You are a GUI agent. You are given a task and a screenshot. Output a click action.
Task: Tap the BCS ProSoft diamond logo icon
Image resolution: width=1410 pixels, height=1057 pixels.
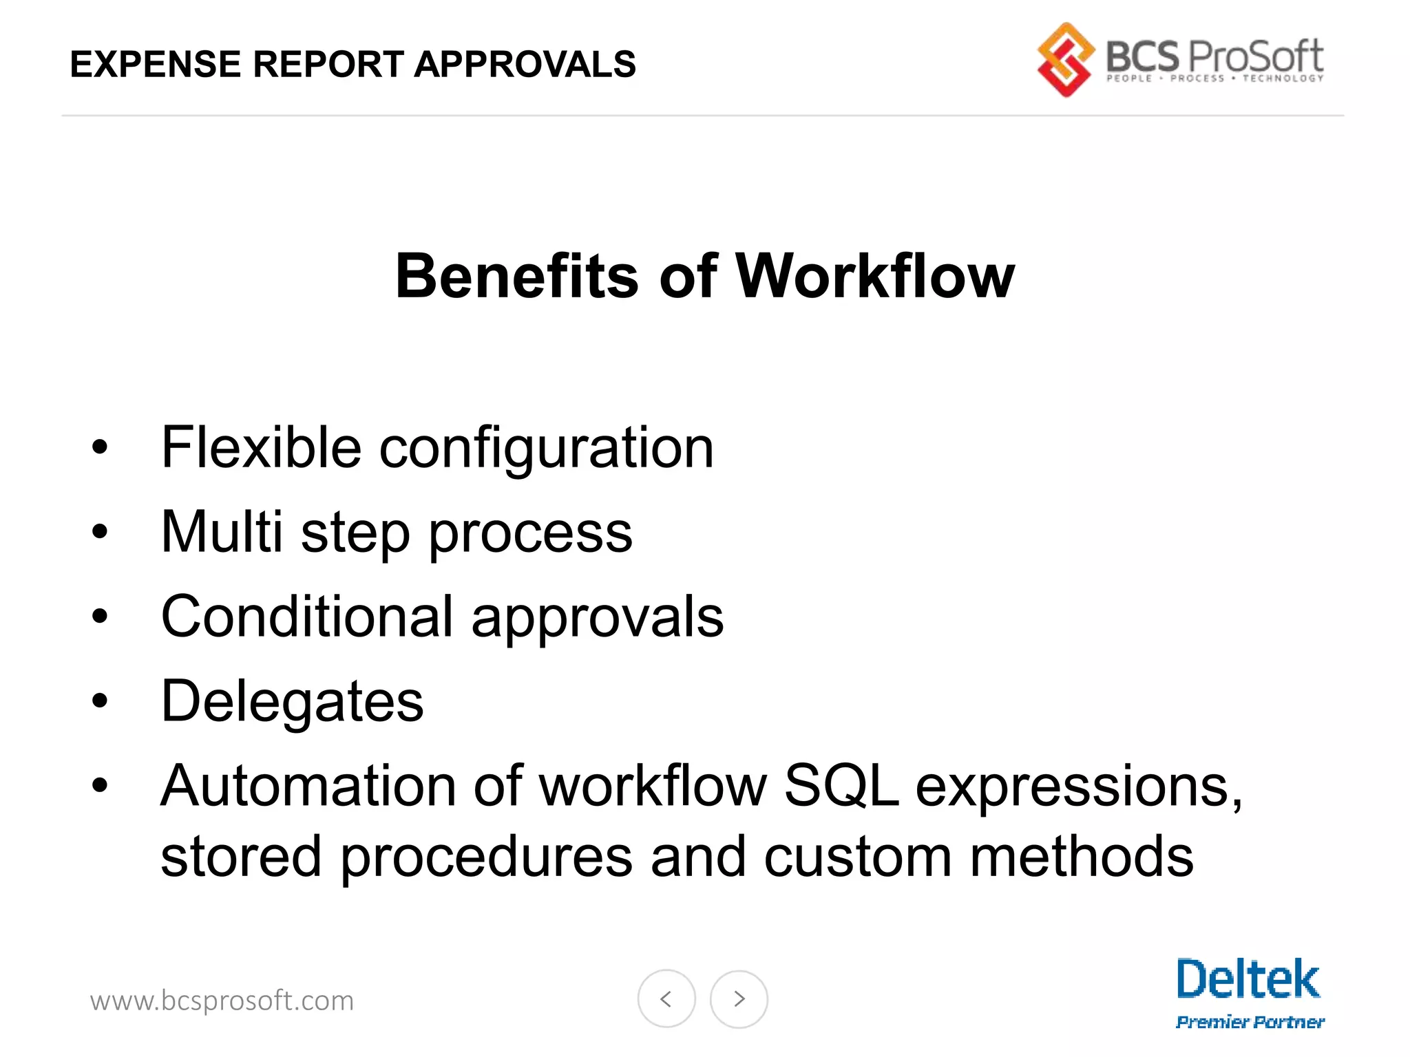point(1065,60)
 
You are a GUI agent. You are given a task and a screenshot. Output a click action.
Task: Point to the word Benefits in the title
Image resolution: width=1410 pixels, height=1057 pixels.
point(517,277)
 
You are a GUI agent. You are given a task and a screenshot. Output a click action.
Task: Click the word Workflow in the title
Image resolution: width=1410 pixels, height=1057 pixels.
point(875,277)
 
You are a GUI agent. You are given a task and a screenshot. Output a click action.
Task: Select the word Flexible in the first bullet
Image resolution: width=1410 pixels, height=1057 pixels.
point(261,448)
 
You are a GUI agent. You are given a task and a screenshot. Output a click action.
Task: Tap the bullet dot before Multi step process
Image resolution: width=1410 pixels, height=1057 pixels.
point(101,531)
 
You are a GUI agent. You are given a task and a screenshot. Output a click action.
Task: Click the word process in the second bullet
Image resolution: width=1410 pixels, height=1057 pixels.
point(530,534)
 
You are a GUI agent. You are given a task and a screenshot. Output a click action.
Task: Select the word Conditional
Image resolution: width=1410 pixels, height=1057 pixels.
point(307,617)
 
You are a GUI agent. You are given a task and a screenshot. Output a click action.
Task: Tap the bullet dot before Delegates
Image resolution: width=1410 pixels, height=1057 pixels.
point(101,701)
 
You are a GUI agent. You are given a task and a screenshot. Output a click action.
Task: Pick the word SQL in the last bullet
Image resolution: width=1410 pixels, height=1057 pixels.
point(841,786)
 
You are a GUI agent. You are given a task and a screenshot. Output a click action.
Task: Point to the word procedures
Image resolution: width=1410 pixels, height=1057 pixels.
point(486,857)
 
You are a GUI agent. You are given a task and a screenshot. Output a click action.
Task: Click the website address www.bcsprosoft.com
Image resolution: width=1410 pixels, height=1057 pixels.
point(222,1001)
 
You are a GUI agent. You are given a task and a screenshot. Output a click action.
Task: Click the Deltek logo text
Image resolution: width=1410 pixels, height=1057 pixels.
point(1248,979)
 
